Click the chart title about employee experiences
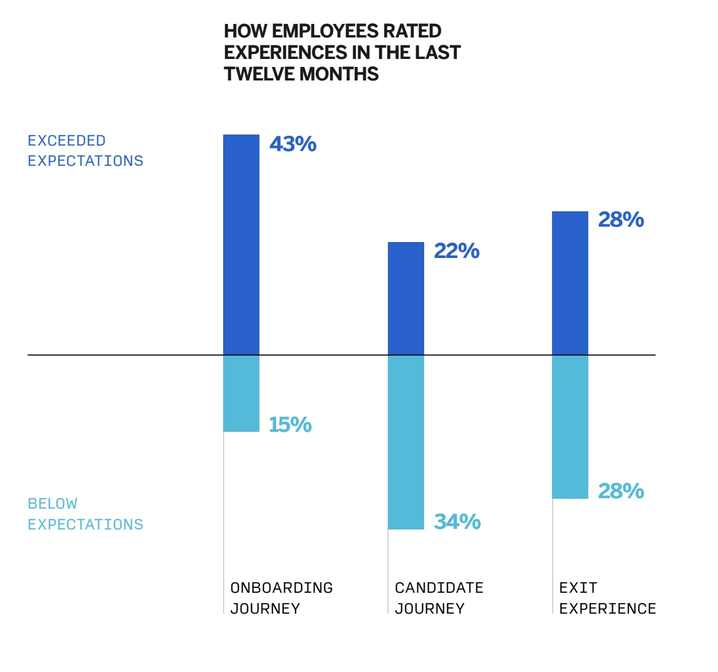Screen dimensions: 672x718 coord(342,53)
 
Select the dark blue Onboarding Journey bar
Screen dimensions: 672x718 coord(241,244)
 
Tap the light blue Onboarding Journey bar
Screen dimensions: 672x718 coord(241,393)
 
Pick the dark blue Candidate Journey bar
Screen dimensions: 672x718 coord(406,299)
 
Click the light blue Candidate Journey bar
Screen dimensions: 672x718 coord(406,442)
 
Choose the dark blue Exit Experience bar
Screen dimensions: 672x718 coord(570,283)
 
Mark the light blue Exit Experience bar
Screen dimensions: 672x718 coord(570,427)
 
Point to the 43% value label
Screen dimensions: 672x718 coord(293,144)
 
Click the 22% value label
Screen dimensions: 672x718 coord(457,251)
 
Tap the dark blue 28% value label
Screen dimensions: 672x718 coord(621,220)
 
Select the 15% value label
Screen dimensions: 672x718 coord(290,424)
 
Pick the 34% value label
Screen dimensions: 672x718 coord(457,522)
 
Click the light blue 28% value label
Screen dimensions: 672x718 coord(621,491)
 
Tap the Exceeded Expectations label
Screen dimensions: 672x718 coord(85,150)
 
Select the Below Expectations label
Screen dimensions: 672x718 coord(85,514)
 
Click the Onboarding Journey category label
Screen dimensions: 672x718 coord(282,598)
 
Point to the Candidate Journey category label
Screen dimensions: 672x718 coord(439,598)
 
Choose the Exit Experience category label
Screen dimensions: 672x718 coord(607,598)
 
